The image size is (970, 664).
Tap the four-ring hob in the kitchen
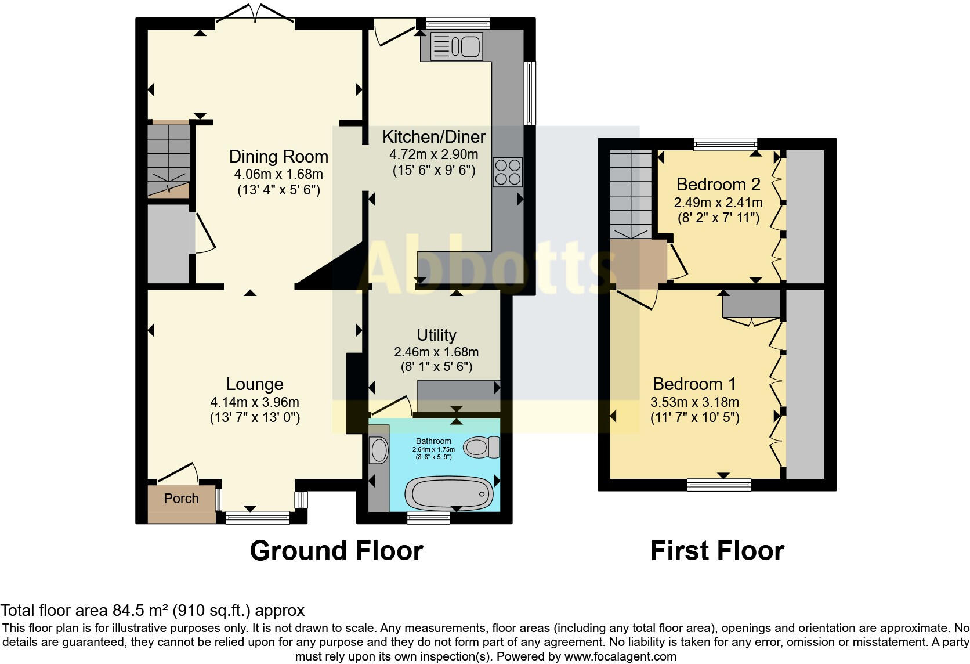point(508,172)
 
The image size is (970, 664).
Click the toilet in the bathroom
point(482,447)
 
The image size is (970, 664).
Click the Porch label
point(181,499)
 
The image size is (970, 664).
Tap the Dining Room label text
point(278,157)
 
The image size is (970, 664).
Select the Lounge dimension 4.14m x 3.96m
point(255,402)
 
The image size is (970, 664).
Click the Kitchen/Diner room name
point(434,137)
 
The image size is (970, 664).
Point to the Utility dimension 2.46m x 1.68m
point(436,352)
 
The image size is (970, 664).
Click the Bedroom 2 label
point(718,185)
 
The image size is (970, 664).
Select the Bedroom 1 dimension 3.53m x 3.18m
point(694,402)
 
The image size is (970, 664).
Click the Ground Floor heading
point(336,550)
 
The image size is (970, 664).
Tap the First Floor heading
point(717,550)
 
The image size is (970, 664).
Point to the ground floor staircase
point(168,160)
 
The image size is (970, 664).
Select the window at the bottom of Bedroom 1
point(719,484)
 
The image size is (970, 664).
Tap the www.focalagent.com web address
point(620,656)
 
